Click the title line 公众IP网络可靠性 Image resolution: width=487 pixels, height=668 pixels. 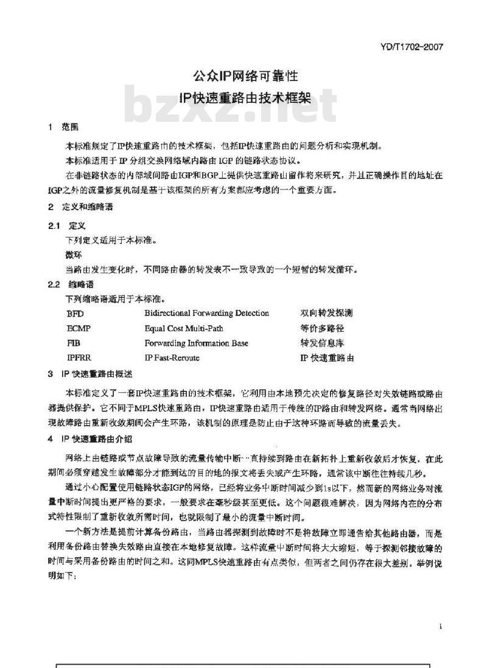coord(245,77)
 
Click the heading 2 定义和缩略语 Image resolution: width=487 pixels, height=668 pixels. coord(80,207)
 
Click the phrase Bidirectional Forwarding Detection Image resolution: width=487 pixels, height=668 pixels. coord(206,314)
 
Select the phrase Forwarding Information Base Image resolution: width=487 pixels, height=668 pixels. coord(196,343)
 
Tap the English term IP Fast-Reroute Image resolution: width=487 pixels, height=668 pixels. coord(172,358)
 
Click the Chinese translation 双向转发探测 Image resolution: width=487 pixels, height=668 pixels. coord(326,314)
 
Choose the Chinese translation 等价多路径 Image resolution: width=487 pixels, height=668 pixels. coord(322,328)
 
